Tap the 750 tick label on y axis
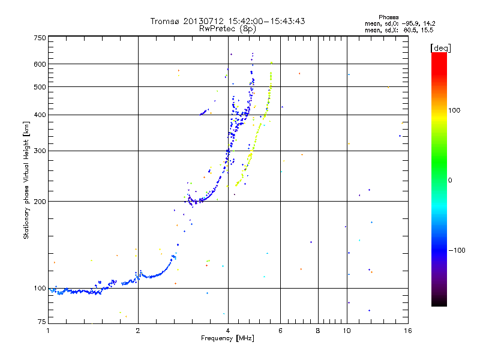(x=40, y=38)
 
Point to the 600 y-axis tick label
(x=40, y=64)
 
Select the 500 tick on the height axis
(x=40, y=87)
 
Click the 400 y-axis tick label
(x=40, y=115)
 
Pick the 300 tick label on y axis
(x=40, y=151)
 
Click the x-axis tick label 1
(x=48, y=330)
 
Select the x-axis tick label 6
(x=281, y=330)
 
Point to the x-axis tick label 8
(x=318, y=330)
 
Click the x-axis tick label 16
(x=407, y=330)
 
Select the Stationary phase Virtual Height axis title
(x=26, y=180)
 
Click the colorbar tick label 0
(x=451, y=180)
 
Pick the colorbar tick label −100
(x=458, y=250)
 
